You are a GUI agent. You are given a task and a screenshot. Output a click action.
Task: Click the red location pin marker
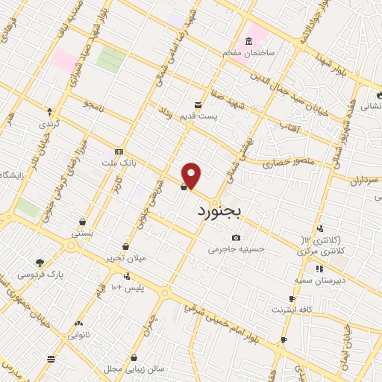(x=192, y=175)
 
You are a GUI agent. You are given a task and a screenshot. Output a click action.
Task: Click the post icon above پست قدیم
(x=198, y=104)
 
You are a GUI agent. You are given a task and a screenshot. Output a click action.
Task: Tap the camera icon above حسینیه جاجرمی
(x=236, y=237)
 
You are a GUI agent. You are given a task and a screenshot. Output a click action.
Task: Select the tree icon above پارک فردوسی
(x=40, y=262)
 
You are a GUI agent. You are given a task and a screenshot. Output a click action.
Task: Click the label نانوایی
(x=80, y=335)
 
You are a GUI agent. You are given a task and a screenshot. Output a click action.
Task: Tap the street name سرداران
(x=364, y=180)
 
